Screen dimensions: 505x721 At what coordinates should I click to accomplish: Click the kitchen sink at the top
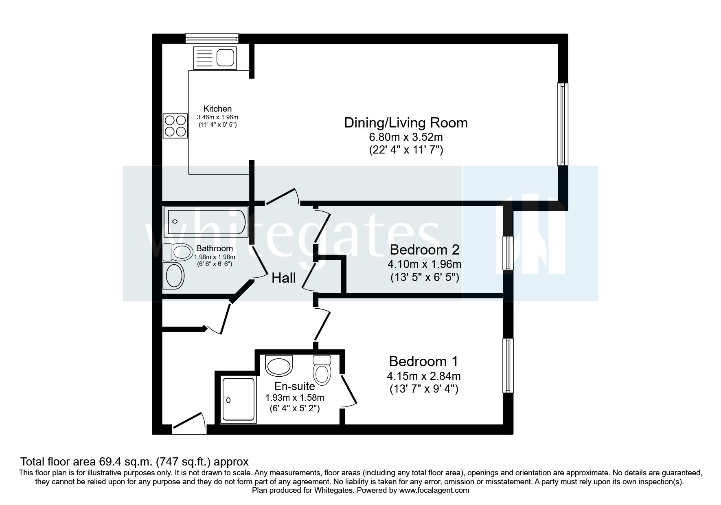pos(215,57)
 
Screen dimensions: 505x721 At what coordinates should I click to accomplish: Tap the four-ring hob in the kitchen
pos(175,125)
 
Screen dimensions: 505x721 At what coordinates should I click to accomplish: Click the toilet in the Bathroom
pos(178,252)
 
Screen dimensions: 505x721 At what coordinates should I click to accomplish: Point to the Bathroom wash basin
pos(173,276)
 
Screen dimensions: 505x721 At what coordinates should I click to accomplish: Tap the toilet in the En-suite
pos(322,370)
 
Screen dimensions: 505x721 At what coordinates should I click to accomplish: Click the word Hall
pos(283,278)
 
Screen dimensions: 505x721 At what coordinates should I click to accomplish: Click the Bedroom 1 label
pos(423,361)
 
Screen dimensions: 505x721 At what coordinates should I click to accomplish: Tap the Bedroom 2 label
pos(425,249)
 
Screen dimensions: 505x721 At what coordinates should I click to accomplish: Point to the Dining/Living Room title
pos(406,123)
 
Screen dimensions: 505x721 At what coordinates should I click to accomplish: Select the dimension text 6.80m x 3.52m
pos(406,137)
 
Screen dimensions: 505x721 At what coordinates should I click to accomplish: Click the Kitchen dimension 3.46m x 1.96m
pos(217,117)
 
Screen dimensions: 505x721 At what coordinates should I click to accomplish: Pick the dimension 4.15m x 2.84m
pos(424,376)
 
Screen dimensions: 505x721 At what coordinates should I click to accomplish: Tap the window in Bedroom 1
pos(508,365)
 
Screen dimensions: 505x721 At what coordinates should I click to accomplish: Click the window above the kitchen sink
pos(212,38)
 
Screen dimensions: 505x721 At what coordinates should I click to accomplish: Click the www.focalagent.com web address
pos(434,490)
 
